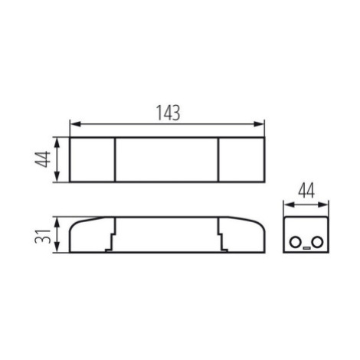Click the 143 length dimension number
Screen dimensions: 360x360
point(169,113)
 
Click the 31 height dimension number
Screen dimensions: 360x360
point(43,237)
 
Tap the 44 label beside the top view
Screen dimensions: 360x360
point(43,159)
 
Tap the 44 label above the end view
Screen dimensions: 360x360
point(306,190)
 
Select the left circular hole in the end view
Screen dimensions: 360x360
point(295,242)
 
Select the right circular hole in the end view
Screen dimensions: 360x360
point(318,242)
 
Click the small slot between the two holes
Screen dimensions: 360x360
point(306,247)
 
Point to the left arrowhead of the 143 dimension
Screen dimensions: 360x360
point(75,124)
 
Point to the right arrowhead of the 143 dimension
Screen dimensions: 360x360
point(259,124)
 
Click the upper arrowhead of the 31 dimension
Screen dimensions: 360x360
point(57,222)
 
